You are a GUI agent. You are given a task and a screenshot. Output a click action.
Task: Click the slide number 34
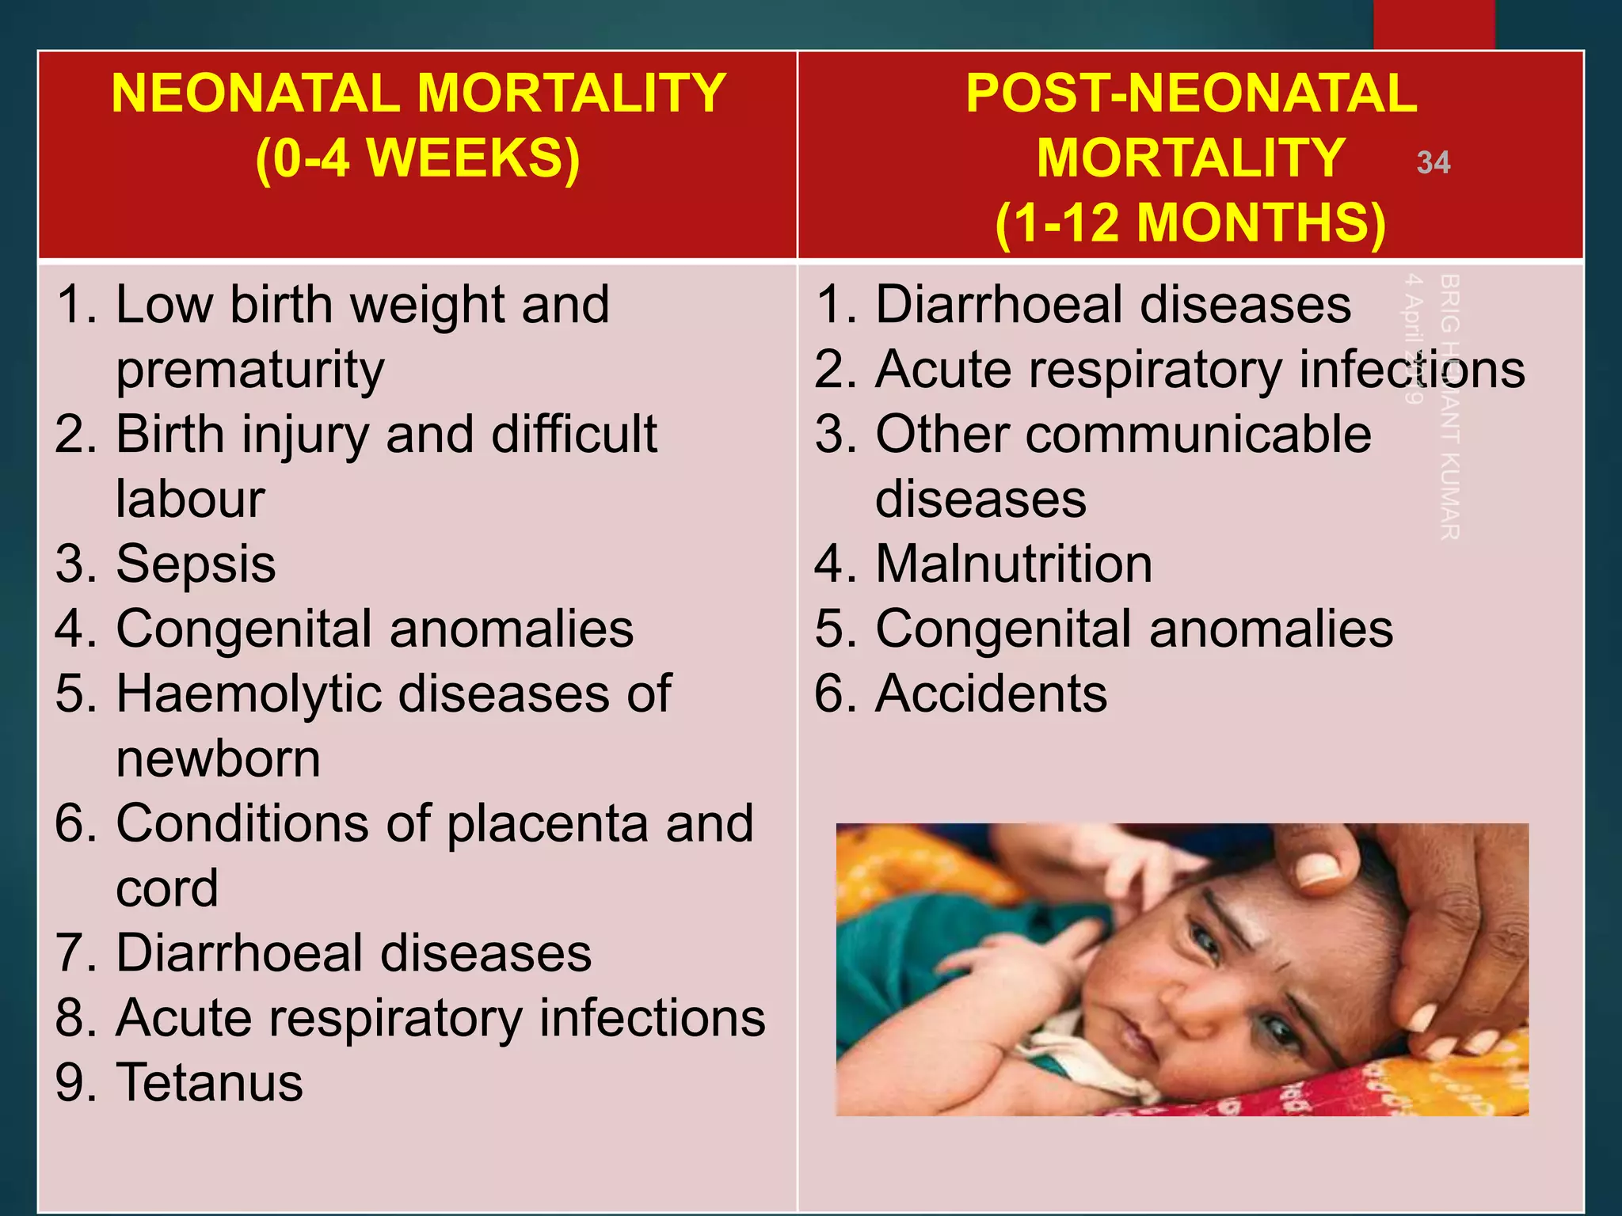point(1433,162)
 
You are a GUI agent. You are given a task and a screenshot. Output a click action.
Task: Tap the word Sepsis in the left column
point(196,564)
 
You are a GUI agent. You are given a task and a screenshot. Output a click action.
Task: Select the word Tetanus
point(209,1082)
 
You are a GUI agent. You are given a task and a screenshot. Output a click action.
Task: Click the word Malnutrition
point(1013,564)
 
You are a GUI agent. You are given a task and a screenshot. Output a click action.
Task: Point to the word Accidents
point(991,693)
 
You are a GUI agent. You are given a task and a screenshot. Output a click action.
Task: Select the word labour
point(190,500)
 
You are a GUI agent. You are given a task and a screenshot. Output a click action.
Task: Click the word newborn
point(218,759)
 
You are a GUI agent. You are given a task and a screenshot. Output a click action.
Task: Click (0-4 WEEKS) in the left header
point(417,158)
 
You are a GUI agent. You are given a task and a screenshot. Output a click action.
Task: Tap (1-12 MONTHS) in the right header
point(1190,222)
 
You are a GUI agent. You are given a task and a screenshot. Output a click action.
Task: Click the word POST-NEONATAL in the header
point(1190,93)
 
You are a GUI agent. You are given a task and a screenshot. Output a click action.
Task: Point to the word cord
point(166,888)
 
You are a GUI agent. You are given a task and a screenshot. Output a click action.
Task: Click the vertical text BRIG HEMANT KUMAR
point(1449,407)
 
